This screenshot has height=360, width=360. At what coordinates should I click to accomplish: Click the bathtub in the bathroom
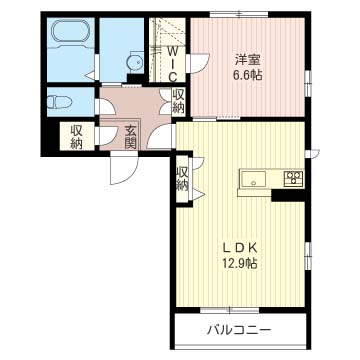70,32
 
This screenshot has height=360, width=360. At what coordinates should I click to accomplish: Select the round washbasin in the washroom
135,61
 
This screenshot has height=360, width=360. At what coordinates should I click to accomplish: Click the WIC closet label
172,64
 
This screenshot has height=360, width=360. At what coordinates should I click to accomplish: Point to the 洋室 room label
247,60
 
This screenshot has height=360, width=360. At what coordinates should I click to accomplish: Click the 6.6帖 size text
247,76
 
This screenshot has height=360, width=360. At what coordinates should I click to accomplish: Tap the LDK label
240,248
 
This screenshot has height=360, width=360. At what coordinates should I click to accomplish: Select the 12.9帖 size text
240,264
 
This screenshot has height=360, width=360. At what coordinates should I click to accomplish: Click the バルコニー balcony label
238,330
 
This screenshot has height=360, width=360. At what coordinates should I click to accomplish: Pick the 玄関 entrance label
131,137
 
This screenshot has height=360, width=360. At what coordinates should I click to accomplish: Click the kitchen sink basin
254,179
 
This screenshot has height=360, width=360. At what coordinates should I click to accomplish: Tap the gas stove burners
293,177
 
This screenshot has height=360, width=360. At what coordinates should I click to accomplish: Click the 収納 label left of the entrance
76,137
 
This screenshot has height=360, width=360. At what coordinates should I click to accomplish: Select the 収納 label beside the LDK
182,179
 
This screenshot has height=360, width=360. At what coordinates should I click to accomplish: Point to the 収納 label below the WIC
178,102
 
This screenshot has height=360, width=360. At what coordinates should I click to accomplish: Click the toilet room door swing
106,107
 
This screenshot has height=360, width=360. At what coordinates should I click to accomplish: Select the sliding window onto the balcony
229,310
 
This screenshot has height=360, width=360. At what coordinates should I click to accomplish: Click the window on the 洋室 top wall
240,14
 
